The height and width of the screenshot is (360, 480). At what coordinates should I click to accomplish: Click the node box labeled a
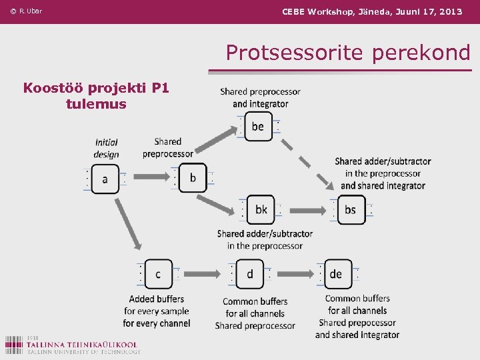click(105, 179)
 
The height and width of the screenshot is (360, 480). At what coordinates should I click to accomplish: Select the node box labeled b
click(193, 178)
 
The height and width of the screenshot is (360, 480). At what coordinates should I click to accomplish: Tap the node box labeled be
click(258, 126)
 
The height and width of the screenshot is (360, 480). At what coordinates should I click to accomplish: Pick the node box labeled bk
click(261, 209)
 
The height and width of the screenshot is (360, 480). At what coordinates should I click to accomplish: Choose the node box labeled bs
click(350, 209)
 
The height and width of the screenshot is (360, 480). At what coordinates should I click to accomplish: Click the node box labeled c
click(158, 274)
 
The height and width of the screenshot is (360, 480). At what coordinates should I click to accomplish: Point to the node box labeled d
click(250, 274)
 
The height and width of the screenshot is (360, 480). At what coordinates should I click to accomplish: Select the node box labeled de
click(337, 274)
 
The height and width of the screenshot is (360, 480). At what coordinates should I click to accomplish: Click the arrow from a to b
click(148, 178)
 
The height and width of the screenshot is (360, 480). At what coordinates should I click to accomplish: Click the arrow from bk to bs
click(305, 210)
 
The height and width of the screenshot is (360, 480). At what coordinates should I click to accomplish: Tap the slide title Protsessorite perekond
click(347, 53)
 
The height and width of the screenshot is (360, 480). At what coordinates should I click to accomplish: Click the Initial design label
click(106, 148)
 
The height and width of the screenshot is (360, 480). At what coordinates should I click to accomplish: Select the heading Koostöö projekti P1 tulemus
click(96, 95)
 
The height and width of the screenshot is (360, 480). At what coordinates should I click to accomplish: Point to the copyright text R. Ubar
click(26, 11)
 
